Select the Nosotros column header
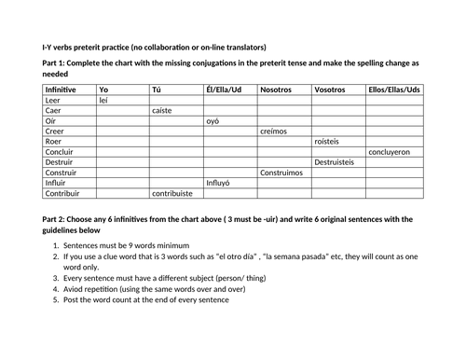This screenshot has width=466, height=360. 277,89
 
